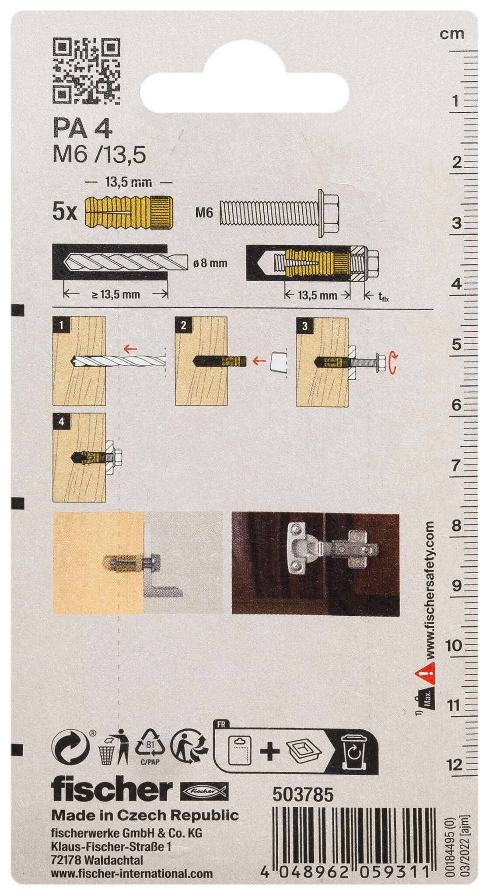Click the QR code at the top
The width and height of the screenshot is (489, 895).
pyautogui.click(x=86, y=71)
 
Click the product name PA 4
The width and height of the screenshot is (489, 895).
pyautogui.click(x=82, y=129)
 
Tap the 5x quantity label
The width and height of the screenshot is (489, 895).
pyautogui.click(x=64, y=213)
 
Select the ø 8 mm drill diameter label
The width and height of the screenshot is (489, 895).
pyautogui.click(x=210, y=263)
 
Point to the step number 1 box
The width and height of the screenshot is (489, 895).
pyautogui.click(x=61, y=325)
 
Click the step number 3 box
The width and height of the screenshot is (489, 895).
pyautogui.click(x=304, y=326)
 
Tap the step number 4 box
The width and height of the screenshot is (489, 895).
pyautogui.click(x=61, y=422)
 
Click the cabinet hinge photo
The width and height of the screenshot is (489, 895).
pyautogui.click(x=315, y=565)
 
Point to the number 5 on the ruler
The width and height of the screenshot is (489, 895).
pyautogui.click(x=457, y=344)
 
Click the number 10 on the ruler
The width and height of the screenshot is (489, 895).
pyautogui.click(x=453, y=645)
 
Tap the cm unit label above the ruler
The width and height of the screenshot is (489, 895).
pyautogui.click(x=452, y=34)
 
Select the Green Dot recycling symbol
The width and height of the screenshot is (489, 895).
pyautogui.click(x=71, y=747)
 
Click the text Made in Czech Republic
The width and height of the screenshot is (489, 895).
pyautogui.click(x=145, y=815)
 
